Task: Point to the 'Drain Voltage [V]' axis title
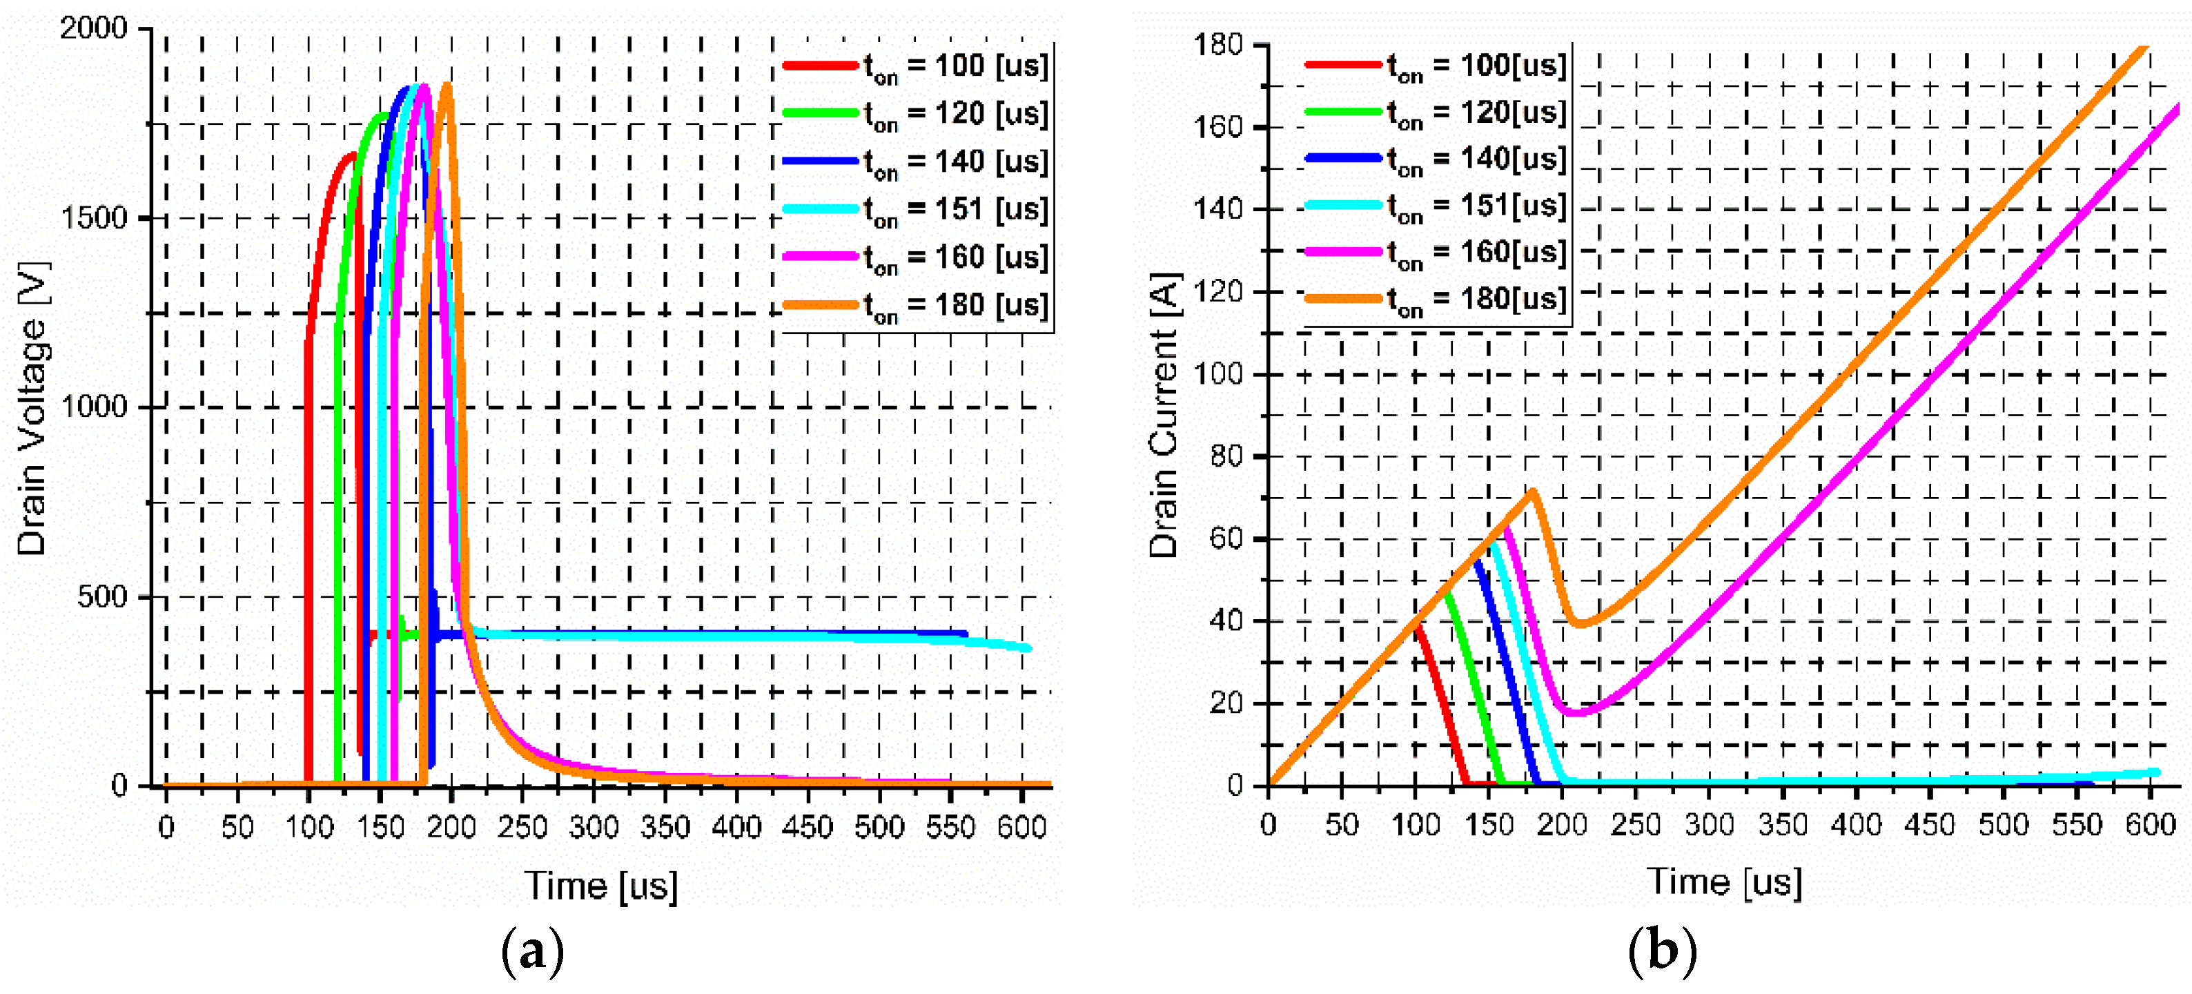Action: [x=32, y=409]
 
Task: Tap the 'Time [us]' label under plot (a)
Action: [x=600, y=886]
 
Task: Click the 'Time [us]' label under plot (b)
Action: [x=1724, y=881]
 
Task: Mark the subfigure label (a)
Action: [x=533, y=951]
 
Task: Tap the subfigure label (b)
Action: [x=1662, y=950]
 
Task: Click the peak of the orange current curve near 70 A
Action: [x=1532, y=491]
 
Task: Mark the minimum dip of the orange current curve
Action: [x=1579, y=625]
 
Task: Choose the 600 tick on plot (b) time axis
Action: [x=2151, y=824]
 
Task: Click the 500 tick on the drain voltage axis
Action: [x=102, y=596]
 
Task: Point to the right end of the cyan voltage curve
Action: [x=1029, y=648]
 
